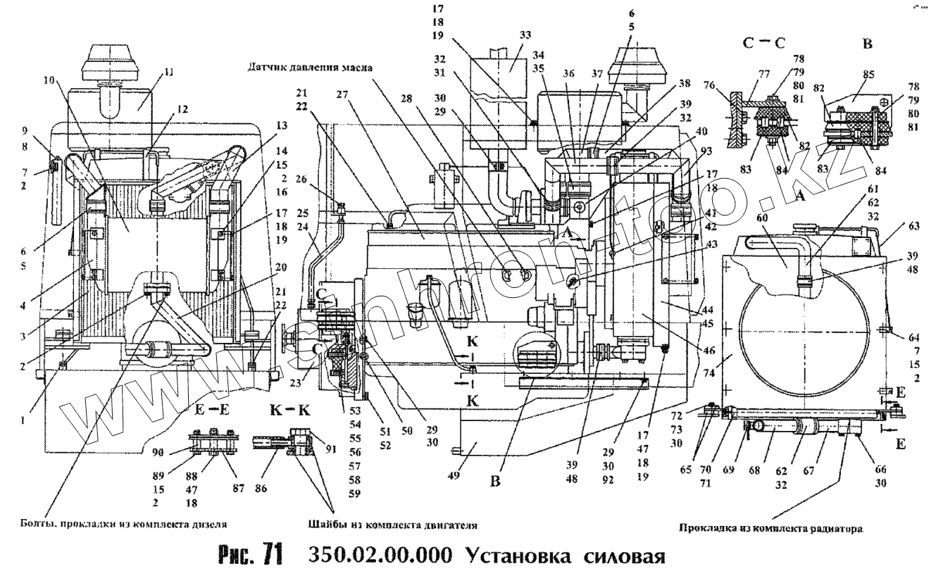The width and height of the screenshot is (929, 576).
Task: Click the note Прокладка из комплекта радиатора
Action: (771, 527)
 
